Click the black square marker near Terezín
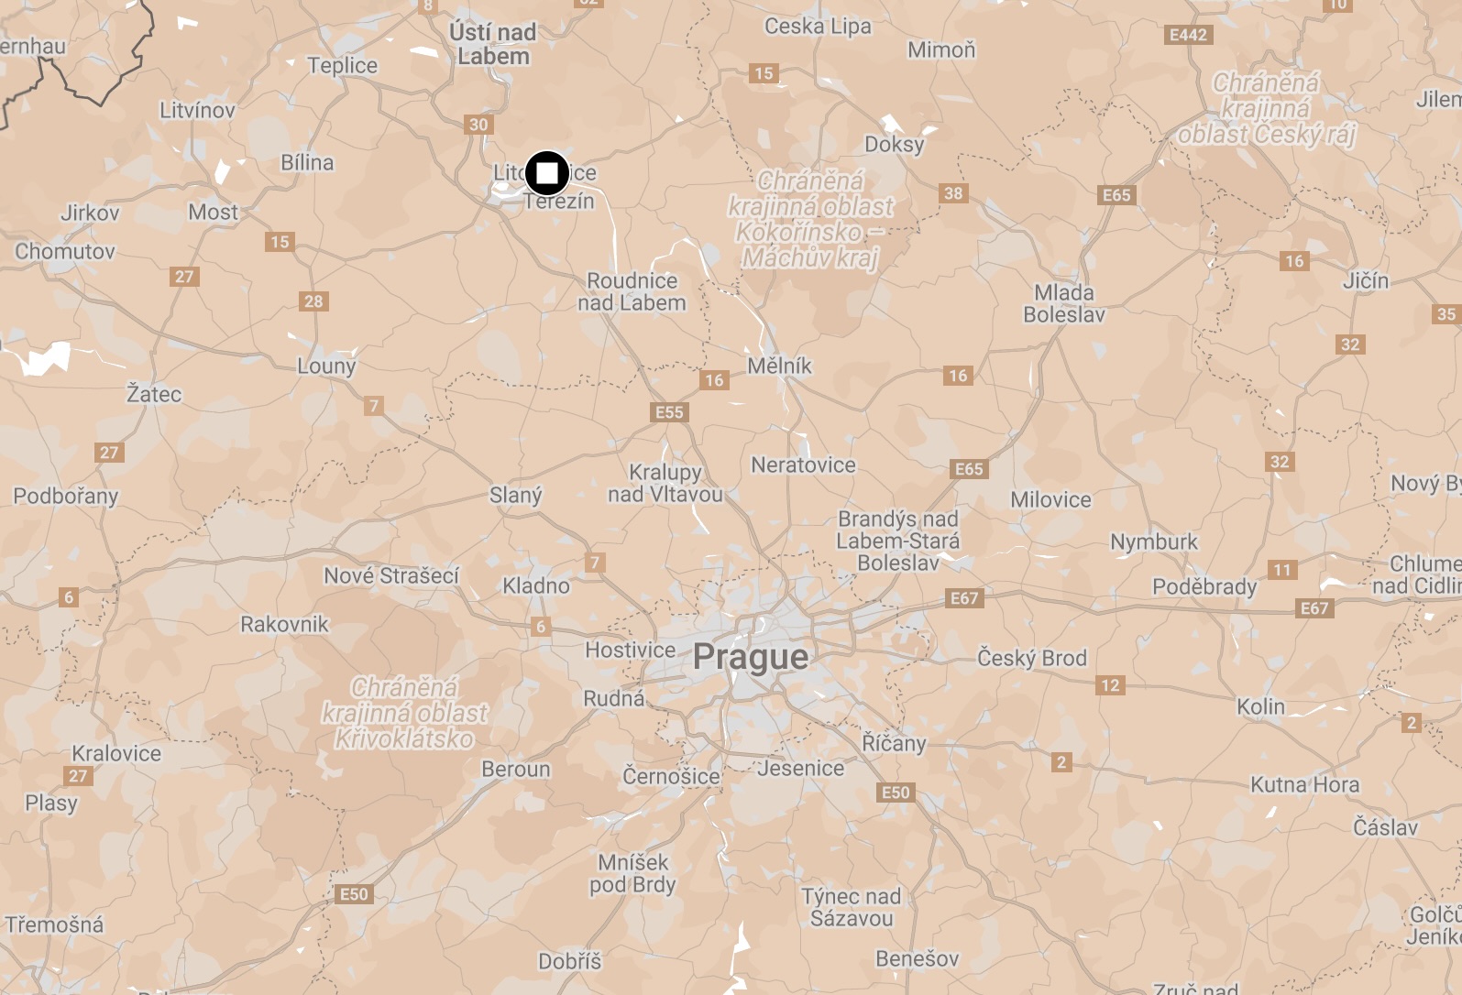[x=547, y=173]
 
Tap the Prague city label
[x=751, y=657]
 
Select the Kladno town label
[x=536, y=585]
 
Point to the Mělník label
[x=779, y=366]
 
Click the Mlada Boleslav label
[x=1064, y=303]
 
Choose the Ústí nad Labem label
[x=493, y=44]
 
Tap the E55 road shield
[x=669, y=412]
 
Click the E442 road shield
[x=1188, y=35]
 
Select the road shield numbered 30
[x=478, y=125]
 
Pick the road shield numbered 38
[x=953, y=193]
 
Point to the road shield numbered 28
[x=313, y=301]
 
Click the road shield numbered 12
[x=1110, y=685]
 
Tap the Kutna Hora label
[x=1304, y=784]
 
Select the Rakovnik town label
[x=284, y=624]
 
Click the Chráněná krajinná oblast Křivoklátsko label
[x=404, y=713]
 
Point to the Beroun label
[x=516, y=769]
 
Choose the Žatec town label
[x=154, y=394]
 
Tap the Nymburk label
[x=1154, y=541]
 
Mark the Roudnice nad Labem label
[x=632, y=291]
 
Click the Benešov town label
[x=917, y=958]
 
